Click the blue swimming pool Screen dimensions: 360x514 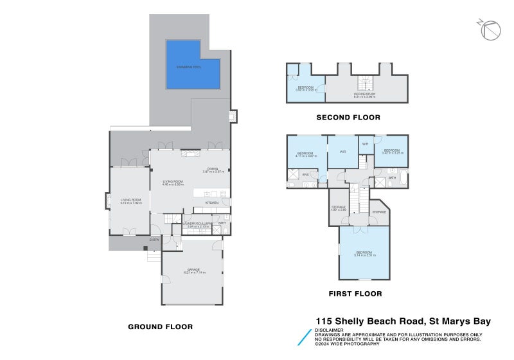pyautogui.click(x=190, y=66)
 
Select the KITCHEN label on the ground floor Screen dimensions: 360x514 pyautogui.click(x=212, y=203)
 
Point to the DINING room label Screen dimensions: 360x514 pyautogui.click(x=213, y=170)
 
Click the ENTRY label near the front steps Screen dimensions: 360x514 pyautogui.click(x=154, y=240)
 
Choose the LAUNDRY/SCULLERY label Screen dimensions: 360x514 pyautogui.click(x=196, y=224)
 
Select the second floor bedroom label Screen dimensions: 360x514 pyautogui.click(x=305, y=88)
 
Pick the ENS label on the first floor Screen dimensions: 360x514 pyautogui.click(x=306, y=175)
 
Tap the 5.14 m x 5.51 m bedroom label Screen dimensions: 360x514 pyautogui.click(x=364, y=253)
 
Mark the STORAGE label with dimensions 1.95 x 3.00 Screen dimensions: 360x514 pyautogui.click(x=339, y=208)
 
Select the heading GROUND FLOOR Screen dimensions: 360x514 pyautogui.click(x=161, y=327)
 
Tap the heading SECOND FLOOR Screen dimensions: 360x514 pyautogui.click(x=348, y=118)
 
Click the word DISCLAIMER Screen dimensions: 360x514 pyautogui.click(x=328, y=330)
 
